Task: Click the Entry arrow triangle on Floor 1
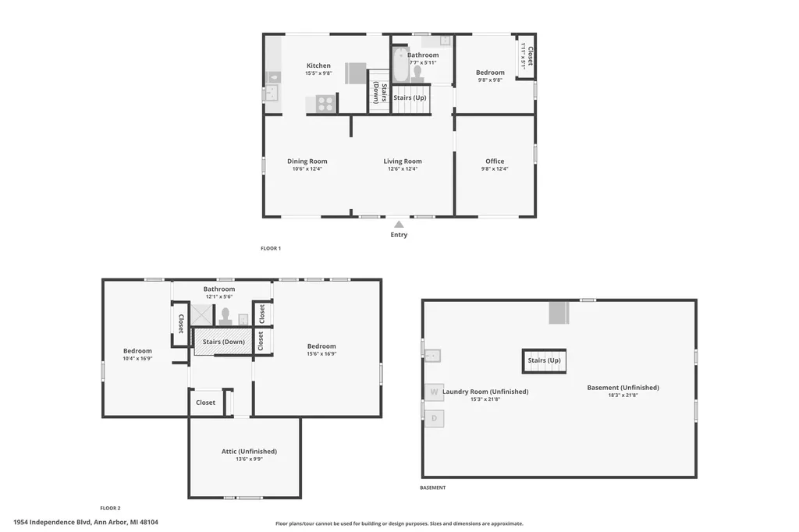tap(399, 224)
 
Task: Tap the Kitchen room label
tap(318, 66)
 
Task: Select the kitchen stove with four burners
tap(325, 104)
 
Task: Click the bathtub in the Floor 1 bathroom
tap(401, 65)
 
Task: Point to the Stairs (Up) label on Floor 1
tap(410, 98)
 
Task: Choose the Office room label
tap(495, 161)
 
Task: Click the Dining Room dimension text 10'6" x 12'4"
tap(307, 168)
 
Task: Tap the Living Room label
tap(403, 161)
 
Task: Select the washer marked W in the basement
tap(434, 392)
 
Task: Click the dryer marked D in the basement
tap(434, 418)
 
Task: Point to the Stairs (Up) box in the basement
tap(544, 361)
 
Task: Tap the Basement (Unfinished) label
tap(623, 387)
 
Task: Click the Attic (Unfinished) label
tap(249, 451)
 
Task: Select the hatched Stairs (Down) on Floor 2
tap(224, 342)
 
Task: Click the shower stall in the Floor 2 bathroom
tap(202, 314)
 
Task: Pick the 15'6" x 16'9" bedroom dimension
tap(321, 353)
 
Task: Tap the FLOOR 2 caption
tap(110, 508)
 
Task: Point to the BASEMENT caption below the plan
tap(432, 488)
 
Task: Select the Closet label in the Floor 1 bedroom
tap(530, 56)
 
